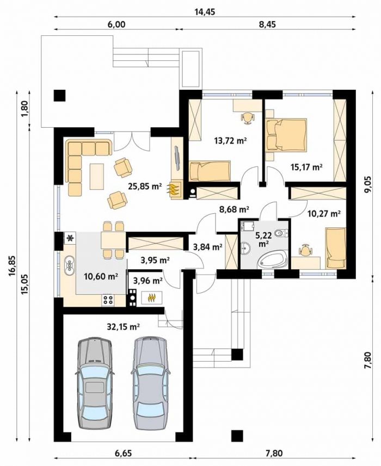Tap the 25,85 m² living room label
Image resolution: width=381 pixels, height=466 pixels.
click(145, 187)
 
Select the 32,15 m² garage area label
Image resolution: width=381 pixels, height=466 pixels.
click(124, 327)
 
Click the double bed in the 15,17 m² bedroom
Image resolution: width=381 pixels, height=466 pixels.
click(286, 135)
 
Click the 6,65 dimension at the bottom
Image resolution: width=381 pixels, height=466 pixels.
click(123, 453)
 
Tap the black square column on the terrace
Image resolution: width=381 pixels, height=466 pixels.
click(59, 95)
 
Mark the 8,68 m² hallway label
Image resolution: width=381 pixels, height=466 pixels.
click(234, 209)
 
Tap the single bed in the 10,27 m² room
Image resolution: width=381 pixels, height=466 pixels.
click(336, 248)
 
